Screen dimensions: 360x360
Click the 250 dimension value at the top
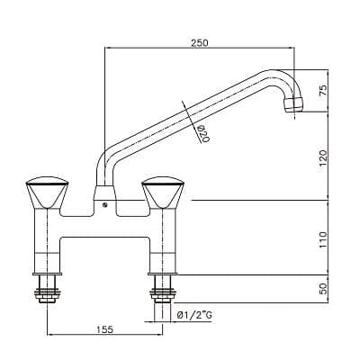coord(200,42)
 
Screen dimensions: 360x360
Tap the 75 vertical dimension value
coord(323,90)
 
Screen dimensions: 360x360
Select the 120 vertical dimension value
coord(323,158)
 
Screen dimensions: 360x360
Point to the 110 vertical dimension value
coord(323,239)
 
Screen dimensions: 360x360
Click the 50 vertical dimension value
coord(323,289)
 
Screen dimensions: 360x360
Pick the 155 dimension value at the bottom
coord(105,329)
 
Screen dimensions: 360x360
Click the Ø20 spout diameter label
coord(203,133)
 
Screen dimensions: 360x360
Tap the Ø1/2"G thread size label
coord(194,315)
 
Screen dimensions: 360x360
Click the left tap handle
coord(48,193)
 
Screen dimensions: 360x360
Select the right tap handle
coord(163,193)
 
